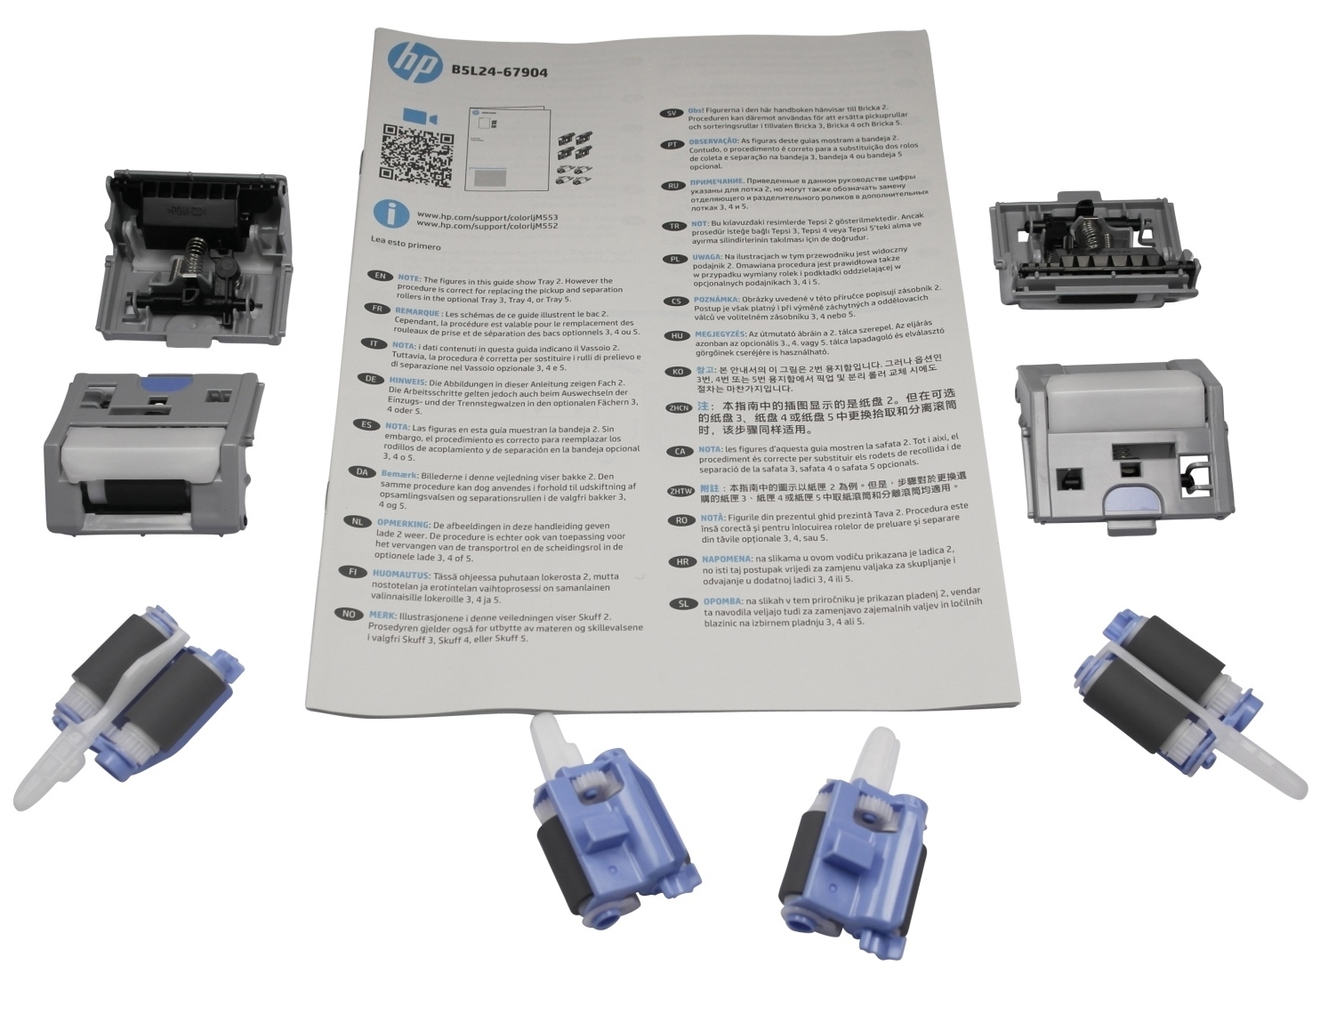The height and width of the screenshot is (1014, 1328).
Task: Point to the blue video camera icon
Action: (x=419, y=117)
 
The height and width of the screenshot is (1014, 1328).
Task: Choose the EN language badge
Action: (x=380, y=277)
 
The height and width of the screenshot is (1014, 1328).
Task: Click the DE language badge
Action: (x=368, y=379)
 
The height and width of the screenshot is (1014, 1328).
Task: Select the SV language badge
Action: (x=672, y=113)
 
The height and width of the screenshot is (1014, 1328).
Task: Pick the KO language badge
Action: (x=678, y=372)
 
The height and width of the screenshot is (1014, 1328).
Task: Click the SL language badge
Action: (x=683, y=603)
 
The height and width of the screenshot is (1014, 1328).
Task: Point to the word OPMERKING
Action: (x=402, y=524)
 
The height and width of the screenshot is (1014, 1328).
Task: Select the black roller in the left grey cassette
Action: (x=147, y=495)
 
